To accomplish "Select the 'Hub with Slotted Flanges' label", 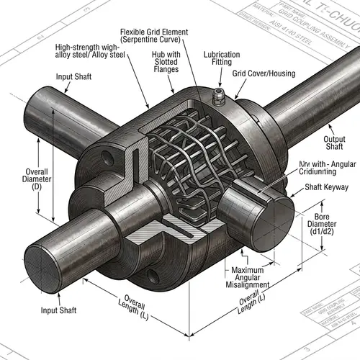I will click(166, 63).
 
